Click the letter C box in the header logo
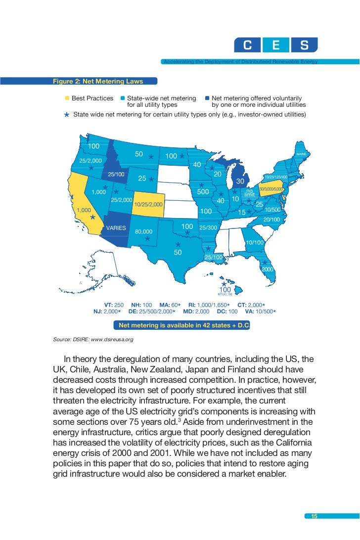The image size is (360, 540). click(247, 46)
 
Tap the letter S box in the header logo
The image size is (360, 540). click(305, 46)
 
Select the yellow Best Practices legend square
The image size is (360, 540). click(67, 98)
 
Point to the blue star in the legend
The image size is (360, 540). click(66, 115)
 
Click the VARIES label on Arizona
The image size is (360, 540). click(116, 228)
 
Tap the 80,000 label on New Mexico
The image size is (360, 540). click(144, 231)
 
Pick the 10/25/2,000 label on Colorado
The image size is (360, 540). click(148, 203)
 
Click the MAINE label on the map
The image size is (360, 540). click(302, 155)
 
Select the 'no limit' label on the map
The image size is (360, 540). click(250, 192)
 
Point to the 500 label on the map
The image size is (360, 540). click(203, 191)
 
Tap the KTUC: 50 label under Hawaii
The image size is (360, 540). click(225, 294)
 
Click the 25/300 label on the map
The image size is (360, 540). click(208, 228)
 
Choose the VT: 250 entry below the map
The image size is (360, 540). click(114, 305)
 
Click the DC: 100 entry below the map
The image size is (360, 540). click(226, 312)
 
